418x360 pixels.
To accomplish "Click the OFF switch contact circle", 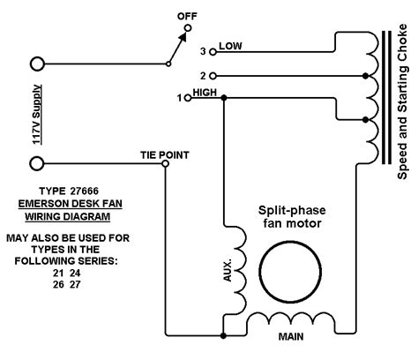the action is click(x=188, y=28).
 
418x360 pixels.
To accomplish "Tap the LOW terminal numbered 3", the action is click(x=213, y=52).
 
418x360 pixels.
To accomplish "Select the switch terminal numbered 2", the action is click(x=213, y=76).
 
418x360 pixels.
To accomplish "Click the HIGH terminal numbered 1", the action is click(x=188, y=98).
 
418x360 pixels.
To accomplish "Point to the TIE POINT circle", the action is click(x=166, y=163).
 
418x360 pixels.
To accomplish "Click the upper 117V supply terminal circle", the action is click(x=37, y=64).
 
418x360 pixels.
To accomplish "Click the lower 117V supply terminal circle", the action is click(x=37, y=163).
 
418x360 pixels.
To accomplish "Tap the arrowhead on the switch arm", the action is click(x=183, y=37).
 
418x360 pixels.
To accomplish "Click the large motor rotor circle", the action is click(x=290, y=272).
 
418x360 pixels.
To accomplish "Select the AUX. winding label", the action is click(x=228, y=270).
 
